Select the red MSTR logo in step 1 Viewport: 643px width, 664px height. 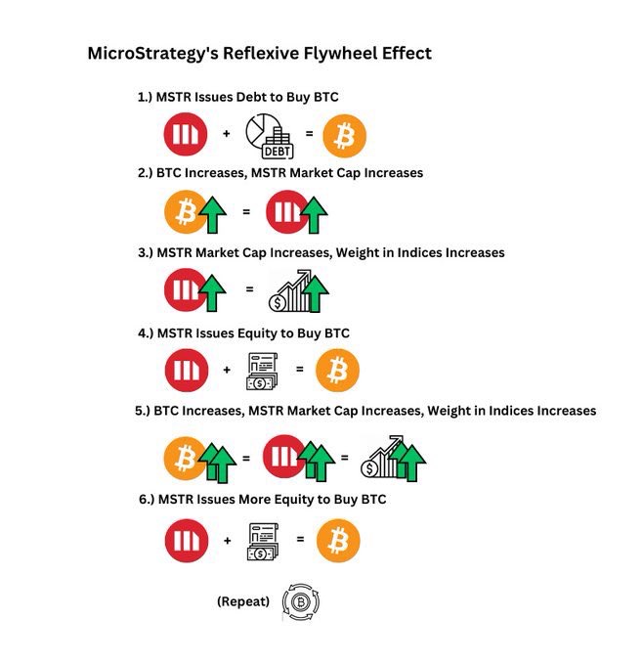click(x=186, y=135)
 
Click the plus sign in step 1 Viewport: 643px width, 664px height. click(x=227, y=134)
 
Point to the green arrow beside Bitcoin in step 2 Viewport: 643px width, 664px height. click(x=212, y=213)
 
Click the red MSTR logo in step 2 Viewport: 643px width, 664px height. click(x=284, y=211)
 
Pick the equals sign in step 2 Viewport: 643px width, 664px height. click(x=246, y=211)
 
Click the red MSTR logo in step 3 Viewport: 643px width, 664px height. click(x=184, y=289)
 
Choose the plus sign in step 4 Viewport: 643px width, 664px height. click(x=227, y=371)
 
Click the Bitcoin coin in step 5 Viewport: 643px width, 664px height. click(x=185, y=458)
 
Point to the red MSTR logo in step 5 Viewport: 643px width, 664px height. click(x=283, y=456)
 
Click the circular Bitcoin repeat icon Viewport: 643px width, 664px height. click(x=301, y=601)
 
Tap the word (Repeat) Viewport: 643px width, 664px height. click(x=242, y=601)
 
